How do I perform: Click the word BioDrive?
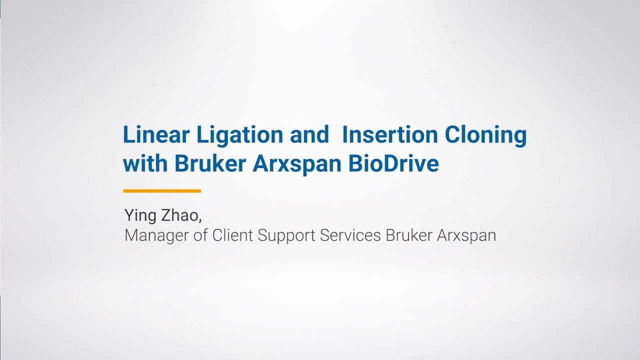(394, 163)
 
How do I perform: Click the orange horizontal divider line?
(162, 190)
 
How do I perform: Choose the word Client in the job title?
(233, 235)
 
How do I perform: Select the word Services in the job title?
(350, 235)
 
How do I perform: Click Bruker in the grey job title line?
(409, 235)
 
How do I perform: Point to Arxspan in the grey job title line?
(466, 235)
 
